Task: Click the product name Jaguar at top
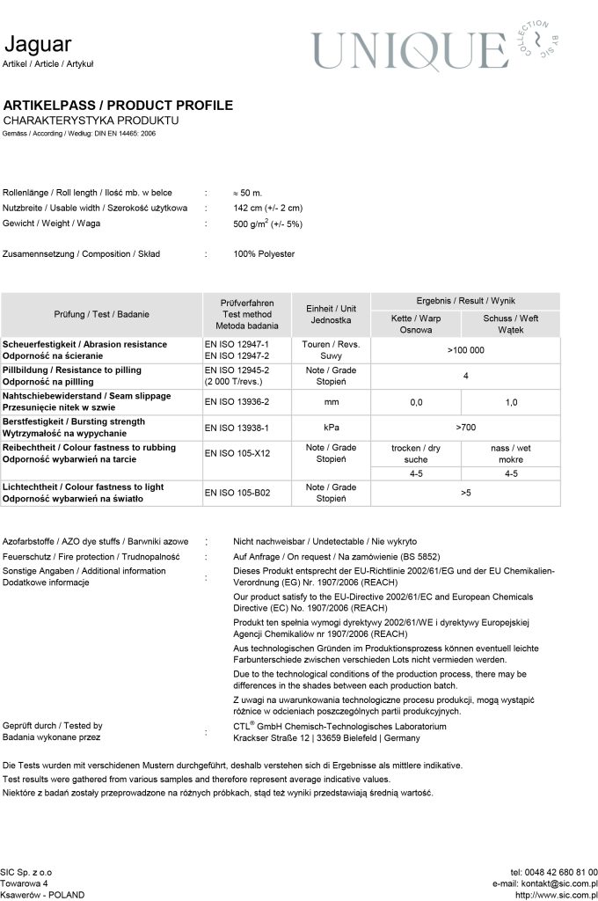pyautogui.click(x=37, y=45)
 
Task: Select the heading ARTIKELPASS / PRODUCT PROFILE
pyautogui.click(x=119, y=106)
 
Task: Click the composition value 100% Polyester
pyautogui.click(x=264, y=254)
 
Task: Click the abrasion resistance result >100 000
pyautogui.click(x=465, y=350)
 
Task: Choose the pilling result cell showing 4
pyautogui.click(x=465, y=377)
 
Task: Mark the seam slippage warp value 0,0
pyautogui.click(x=416, y=402)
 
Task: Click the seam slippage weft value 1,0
pyautogui.click(x=511, y=402)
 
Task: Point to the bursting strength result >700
pyautogui.click(x=465, y=428)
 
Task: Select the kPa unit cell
pyautogui.click(x=331, y=428)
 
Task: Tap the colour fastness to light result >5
pyautogui.click(x=465, y=493)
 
